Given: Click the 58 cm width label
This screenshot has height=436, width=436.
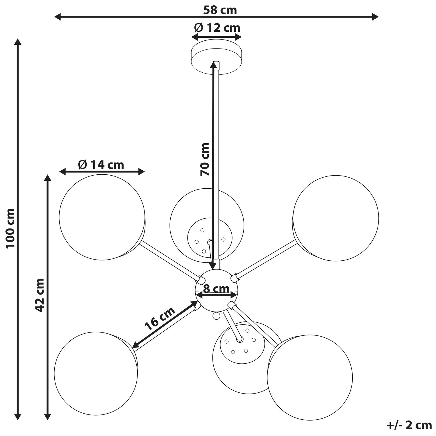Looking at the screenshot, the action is pos(220,10).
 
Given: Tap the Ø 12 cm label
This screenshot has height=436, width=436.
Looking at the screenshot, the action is pos(217,28).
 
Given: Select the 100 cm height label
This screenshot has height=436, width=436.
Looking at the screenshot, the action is pos(10,228).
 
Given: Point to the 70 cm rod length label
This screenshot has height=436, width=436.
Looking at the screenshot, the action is pos(205,159).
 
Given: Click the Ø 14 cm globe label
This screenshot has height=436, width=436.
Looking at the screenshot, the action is pos(101,165).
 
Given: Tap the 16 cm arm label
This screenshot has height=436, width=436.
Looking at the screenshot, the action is pos(160,319).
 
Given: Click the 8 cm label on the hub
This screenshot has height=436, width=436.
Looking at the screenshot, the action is pos(216,289).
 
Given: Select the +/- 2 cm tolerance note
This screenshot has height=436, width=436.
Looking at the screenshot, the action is pos(409,425).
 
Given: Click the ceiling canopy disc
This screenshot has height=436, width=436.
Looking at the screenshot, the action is pos(217,57).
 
